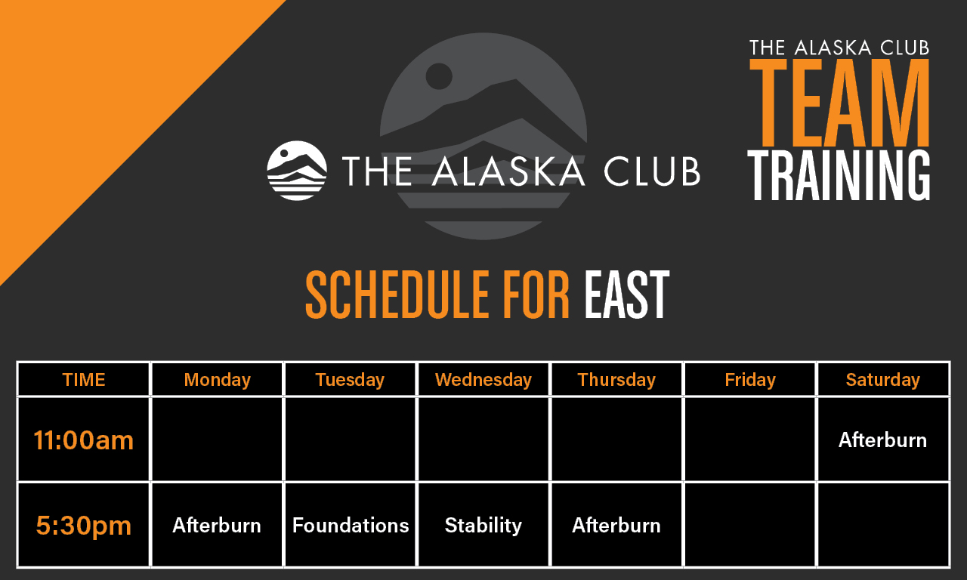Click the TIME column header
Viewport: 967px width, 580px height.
coord(84,380)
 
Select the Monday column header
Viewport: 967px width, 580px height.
coord(217,380)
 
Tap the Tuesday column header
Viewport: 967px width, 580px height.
coord(350,380)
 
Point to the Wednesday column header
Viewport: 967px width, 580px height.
coord(483,380)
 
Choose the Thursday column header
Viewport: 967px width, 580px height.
coord(616,380)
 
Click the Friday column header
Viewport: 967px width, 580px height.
coord(750,380)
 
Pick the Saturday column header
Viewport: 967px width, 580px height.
coord(883,380)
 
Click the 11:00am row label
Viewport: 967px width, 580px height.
coord(84,440)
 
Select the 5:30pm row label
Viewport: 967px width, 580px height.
coord(84,526)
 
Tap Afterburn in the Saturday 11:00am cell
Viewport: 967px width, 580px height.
coord(883,440)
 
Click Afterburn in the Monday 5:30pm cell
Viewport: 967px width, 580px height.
coord(217,526)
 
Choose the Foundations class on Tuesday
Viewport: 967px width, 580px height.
coord(351,526)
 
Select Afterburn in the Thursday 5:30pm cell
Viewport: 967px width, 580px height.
coord(616,526)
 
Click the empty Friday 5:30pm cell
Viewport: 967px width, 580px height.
coord(750,525)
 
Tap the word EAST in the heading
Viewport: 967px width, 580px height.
coord(627,295)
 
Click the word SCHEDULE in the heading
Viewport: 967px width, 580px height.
coord(397,295)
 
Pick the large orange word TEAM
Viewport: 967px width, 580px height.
coord(839,103)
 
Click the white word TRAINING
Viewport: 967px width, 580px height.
coord(839,175)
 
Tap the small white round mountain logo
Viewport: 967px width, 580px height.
coord(297,171)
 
